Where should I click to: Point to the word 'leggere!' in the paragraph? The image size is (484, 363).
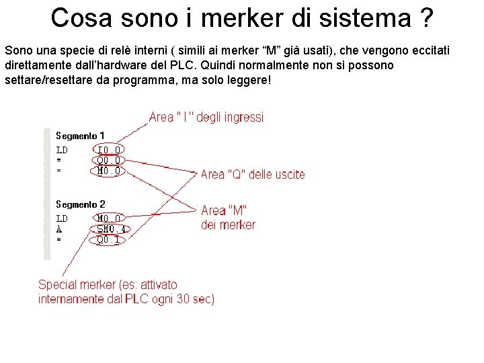point(248,80)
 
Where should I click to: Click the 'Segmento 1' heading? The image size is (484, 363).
point(80,136)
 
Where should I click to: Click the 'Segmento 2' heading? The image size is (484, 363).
point(80,204)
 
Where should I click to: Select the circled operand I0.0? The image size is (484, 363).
point(108,150)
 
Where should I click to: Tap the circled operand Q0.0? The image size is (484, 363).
point(108,160)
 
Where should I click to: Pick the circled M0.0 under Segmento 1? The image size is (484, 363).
point(108,171)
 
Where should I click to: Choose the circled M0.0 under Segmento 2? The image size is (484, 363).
point(108,218)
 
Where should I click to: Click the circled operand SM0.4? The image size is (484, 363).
point(111,229)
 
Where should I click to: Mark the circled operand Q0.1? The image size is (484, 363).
point(108,239)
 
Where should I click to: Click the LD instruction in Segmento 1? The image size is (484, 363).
point(61,150)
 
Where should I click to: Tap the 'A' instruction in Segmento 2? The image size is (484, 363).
point(58,229)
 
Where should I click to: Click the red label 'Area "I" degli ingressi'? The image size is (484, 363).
point(206,118)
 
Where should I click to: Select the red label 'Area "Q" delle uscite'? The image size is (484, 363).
point(253,175)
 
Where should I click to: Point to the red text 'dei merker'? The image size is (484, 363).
point(228,225)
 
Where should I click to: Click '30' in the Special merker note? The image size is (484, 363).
point(183,299)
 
